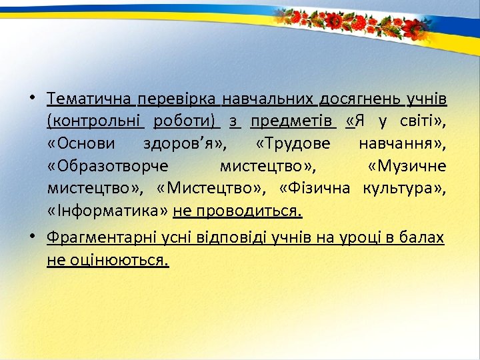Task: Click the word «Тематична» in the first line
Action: click(x=89, y=99)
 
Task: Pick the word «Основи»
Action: click(x=81, y=143)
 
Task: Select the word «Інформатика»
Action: click(x=107, y=211)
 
